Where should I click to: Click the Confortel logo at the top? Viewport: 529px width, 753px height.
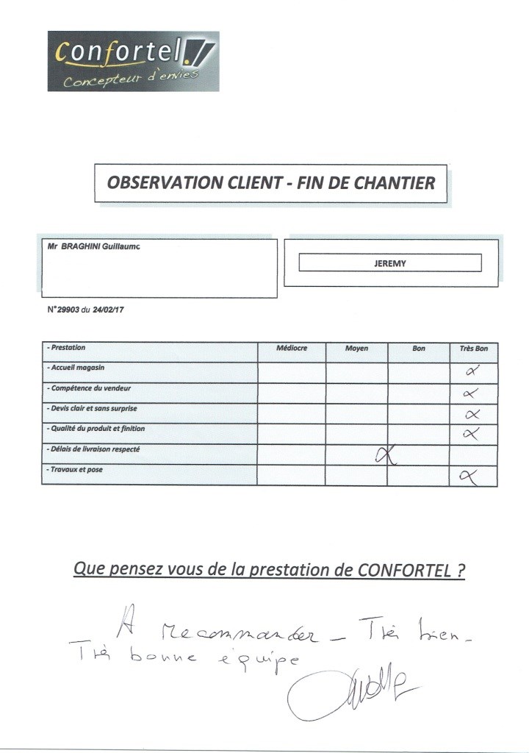(133, 61)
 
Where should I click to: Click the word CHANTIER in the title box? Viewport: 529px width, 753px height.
(395, 182)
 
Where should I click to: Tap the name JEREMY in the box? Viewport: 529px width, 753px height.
(389, 263)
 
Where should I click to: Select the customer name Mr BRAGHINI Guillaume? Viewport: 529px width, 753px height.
(93, 247)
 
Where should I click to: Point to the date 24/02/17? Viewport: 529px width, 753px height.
(109, 310)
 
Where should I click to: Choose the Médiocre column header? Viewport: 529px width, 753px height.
(291, 348)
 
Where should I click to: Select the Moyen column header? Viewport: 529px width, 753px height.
(356, 348)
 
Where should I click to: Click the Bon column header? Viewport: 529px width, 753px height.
(419, 348)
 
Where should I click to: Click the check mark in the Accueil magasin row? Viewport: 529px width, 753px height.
(472, 371)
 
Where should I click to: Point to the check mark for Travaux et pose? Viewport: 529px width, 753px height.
(468, 477)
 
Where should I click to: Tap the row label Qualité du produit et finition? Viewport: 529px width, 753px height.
(102, 428)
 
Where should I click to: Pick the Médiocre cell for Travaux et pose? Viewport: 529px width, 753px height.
(291, 475)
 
